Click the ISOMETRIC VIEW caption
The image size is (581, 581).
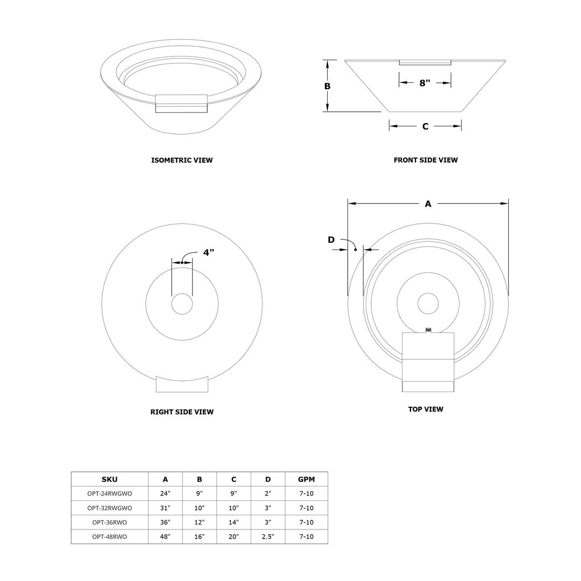[182, 160]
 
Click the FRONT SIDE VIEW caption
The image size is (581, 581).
[426, 160]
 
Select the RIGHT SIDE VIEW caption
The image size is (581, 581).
[182, 412]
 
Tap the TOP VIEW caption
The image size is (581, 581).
[426, 409]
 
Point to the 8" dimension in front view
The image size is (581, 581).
[424, 83]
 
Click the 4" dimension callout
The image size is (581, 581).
[208, 252]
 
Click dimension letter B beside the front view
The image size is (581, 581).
[327, 86]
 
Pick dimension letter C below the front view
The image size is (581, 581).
[425, 126]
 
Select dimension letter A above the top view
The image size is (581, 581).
[428, 204]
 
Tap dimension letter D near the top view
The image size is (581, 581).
[331, 240]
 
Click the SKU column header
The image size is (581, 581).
[109, 479]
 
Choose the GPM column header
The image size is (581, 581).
[306, 479]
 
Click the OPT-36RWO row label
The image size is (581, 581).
[109, 522]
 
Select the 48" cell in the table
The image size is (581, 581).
[165, 537]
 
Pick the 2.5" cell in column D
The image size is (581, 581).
[267, 537]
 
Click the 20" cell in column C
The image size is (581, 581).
[233, 537]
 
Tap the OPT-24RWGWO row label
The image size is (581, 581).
[109, 493]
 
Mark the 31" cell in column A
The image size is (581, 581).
[165, 508]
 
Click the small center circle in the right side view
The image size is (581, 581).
[182, 304]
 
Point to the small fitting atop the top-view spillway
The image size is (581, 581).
[428, 330]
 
